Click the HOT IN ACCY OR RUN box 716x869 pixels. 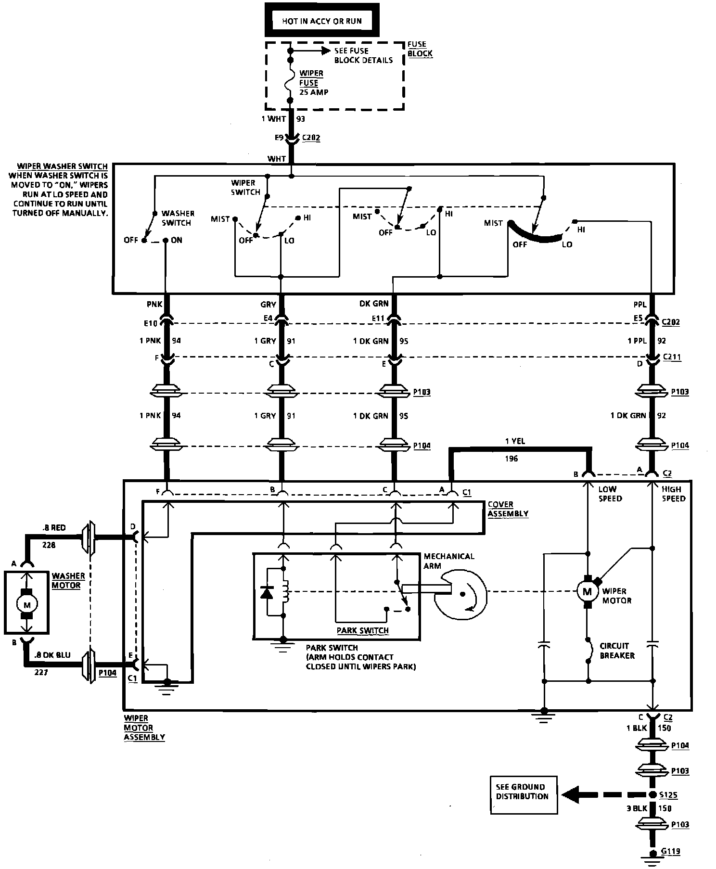[x=322, y=21]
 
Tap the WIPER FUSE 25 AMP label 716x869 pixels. [x=314, y=83]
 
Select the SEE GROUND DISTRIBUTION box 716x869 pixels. [x=523, y=792]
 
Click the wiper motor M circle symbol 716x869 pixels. [x=587, y=591]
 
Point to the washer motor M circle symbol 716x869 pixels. [x=27, y=604]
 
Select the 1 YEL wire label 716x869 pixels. [x=515, y=441]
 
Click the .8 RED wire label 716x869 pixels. [x=53, y=528]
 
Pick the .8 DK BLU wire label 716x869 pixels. [x=52, y=655]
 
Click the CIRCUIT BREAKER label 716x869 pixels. [x=617, y=651]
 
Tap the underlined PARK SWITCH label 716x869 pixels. [x=362, y=630]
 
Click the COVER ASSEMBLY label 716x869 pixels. [x=508, y=509]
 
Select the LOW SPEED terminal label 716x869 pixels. [x=610, y=494]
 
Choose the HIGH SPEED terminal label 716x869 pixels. [x=673, y=494]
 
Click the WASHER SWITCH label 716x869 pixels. [x=178, y=218]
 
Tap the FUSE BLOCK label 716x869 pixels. [x=420, y=49]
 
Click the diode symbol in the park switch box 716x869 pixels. [x=266, y=592]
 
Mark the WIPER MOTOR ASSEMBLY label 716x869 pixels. [x=144, y=728]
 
